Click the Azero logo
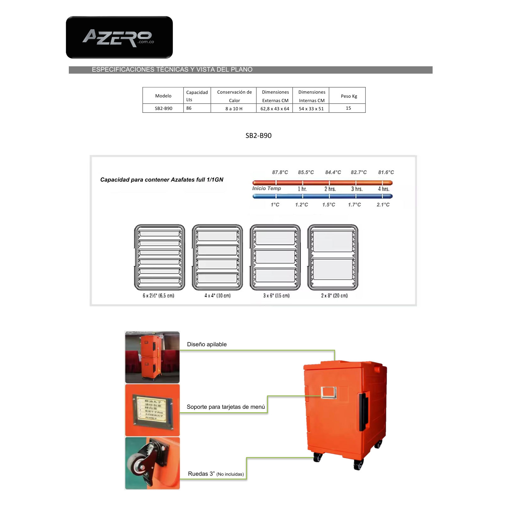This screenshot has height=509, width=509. pyautogui.click(x=119, y=37)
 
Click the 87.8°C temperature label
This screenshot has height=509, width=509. pyautogui.click(x=280, y=172)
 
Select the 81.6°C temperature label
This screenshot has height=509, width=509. pyautogui.click(x=386, y=172)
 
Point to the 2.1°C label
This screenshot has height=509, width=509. pyautogui.click(x=383, y=205)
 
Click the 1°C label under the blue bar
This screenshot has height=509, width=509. pyautogui.click(x=275, y=205)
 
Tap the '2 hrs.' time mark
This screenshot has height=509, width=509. pyautogui.click(x=330, y=189)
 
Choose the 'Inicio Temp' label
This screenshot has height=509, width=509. pyautogui.click(x=266, y=188)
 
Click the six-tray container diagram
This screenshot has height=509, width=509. pyautogui.click(x=160, y=257)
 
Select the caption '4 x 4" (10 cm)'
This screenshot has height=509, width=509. pyautogui.click(x=217, y=295)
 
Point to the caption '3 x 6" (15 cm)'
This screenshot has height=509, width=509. pyautogui.click(x=276, y=295)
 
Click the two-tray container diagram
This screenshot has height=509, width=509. pyautogui.click(x=333, y=257)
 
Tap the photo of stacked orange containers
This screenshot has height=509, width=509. pyautogui.click(x=152, y=357)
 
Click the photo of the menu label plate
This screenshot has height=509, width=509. pyautogui.click(x=152, y=410)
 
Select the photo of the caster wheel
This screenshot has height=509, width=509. pyautogui.click(x=152, y=463)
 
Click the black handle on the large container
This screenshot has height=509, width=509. pyautogui.click(x=364, y=412)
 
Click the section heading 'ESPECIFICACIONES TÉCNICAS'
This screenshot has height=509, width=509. pyautogui.click(x=172, y=69)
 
